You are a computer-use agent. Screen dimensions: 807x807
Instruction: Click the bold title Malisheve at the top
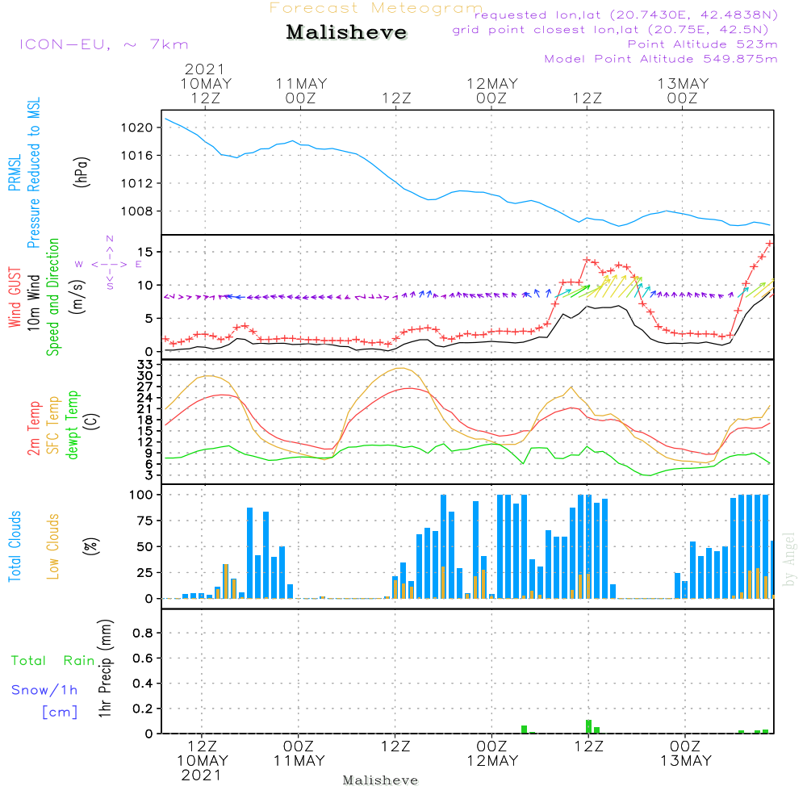point(347,33)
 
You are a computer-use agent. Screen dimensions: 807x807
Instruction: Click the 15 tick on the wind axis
point(145,253)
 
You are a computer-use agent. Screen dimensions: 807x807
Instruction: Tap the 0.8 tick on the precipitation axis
point(142,633)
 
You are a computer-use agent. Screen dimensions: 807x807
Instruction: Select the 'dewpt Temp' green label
point(73,425)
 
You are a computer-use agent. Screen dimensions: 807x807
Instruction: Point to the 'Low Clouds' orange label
point(54,546)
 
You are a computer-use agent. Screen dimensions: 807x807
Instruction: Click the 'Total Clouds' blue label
point(15,546)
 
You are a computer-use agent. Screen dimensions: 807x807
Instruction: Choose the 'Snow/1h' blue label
point(44,691)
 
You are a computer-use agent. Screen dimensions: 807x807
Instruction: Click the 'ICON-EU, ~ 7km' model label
point(103,44)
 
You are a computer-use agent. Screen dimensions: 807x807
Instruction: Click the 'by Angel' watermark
point(789,559)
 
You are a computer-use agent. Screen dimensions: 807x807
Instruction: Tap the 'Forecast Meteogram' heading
point(376,8)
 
